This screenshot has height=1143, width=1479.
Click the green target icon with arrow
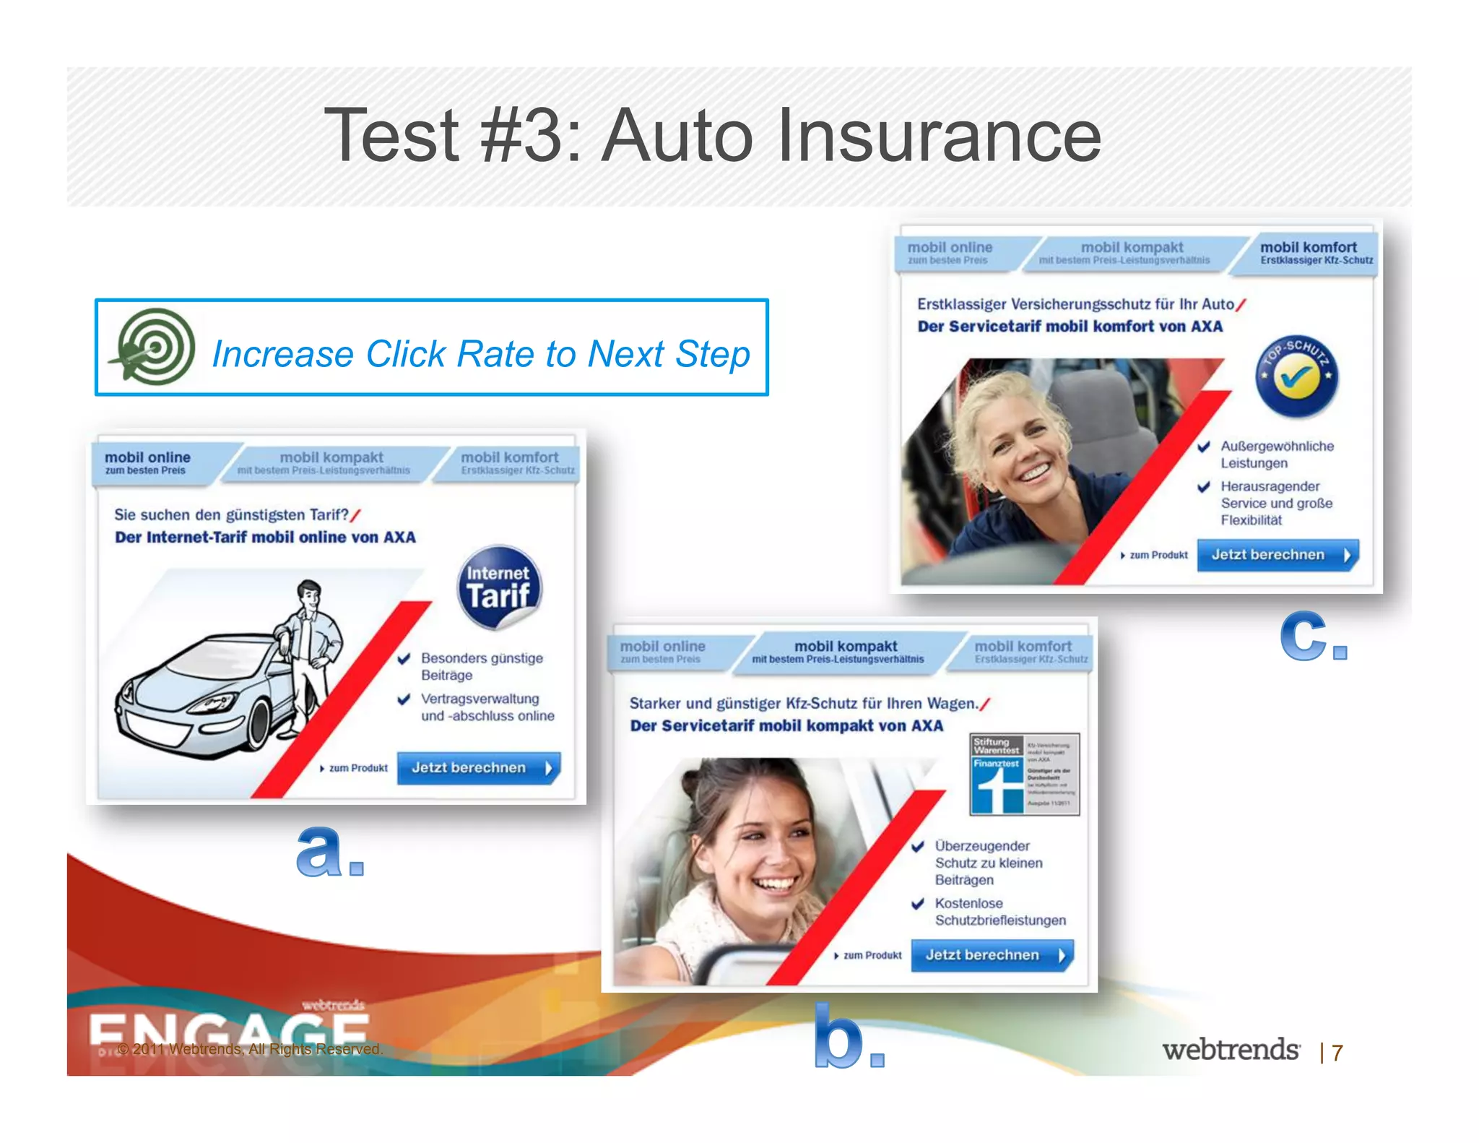pyautogui.click(x=153, y=347)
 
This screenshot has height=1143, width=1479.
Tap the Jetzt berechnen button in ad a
pyautogui.click(x=479, y=768)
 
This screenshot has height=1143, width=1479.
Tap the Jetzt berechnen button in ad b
pyautogui.click(x=992, y=955)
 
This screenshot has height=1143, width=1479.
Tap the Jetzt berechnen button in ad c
pyautogui.click(x=1278, y=555)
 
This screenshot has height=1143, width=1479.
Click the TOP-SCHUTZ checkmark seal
pyautogui.click(x=1297, y=376)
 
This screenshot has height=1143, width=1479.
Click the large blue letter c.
pyautogui.click(x=1304, y=636)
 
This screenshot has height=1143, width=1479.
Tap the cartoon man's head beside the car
pyautogui.click(x=310, y=595)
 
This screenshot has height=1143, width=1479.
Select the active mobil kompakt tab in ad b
pyautogui.click(x=845, y=652)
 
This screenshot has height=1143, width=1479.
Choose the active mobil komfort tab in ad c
pyautogui.click(x=1309, y=253)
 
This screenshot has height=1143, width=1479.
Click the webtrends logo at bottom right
pyautogui.click(x=1231, y=1050)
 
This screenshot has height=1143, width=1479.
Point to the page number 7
pyautogui.click(x=1337, y=1053)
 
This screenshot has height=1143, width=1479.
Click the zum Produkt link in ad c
pyautogui.click(x=1155, y=555)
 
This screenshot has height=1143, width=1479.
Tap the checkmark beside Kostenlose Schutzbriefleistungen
pyautogui.click(x=918, y=904)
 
